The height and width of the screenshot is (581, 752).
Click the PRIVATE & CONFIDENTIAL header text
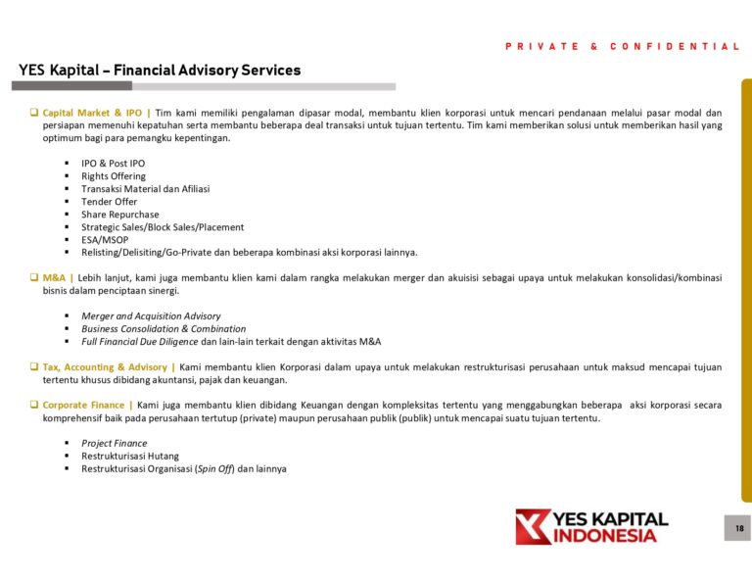coord(623,46)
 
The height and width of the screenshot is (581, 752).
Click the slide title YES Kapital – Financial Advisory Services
coord(160,71)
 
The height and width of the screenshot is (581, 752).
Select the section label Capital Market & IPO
coord(93,113)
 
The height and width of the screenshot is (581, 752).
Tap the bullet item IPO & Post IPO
coord(113,164)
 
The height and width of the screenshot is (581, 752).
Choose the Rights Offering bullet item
coord(114,176)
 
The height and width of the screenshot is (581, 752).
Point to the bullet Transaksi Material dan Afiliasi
coord(145,189)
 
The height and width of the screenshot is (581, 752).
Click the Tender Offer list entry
coord(110,202)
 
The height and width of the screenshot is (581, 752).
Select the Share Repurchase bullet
coord(119,215)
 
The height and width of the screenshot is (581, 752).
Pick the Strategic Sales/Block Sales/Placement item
coord(163,227)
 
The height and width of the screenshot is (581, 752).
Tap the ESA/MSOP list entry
coord(105,240)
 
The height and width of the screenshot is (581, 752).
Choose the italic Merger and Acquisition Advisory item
coord(151,316)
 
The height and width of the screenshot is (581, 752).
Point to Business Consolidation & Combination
coord(164,329)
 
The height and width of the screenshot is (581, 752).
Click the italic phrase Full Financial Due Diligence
coord(140,342)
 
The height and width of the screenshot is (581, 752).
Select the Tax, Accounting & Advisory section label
coord(105,367)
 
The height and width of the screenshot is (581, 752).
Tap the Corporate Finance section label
coord(85,406)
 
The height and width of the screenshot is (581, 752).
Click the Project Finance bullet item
coord(114,444)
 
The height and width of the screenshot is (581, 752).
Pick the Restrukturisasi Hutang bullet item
coord(130,457)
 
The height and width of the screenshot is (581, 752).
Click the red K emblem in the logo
coord(533,526)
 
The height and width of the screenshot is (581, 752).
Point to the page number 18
coord(738,529)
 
